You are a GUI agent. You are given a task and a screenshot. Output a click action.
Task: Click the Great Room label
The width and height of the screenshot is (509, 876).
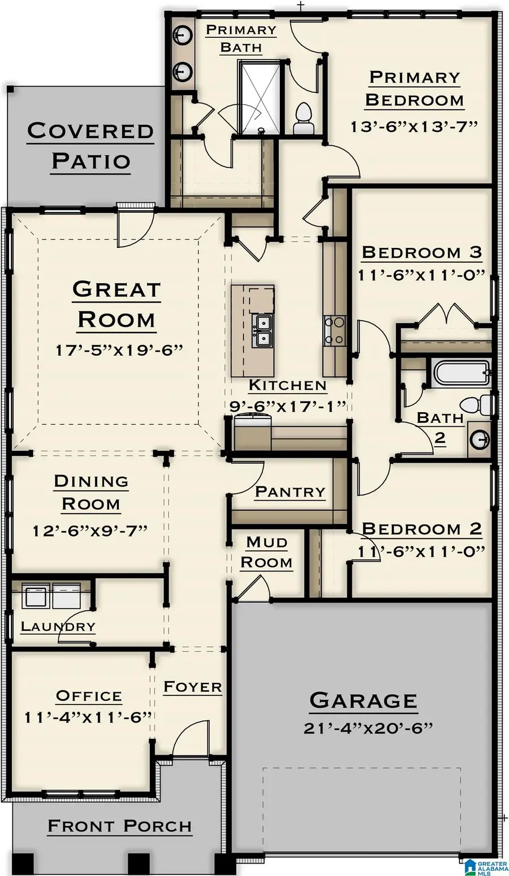click(117, 305)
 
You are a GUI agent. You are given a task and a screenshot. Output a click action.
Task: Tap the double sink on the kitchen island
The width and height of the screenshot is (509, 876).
click(261, 331)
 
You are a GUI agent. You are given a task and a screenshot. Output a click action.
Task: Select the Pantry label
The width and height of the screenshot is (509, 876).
click(290, 492)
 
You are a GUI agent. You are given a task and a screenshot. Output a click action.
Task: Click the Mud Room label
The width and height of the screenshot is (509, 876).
click(266, 552)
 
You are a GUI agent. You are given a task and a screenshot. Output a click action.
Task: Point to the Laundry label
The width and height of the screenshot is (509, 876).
click(58, 626)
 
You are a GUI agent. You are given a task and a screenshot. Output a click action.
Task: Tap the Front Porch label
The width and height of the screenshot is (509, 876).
click(119, 826)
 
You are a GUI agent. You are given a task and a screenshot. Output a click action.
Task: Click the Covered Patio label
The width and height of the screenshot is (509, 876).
click(90, 146)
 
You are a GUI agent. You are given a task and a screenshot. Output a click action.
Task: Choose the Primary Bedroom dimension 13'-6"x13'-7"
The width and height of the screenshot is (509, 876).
click(414, 126)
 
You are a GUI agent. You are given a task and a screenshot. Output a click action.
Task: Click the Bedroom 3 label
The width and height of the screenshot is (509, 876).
click(421, 252)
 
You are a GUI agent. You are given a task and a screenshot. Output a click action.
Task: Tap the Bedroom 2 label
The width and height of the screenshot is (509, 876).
click(421, 528)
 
